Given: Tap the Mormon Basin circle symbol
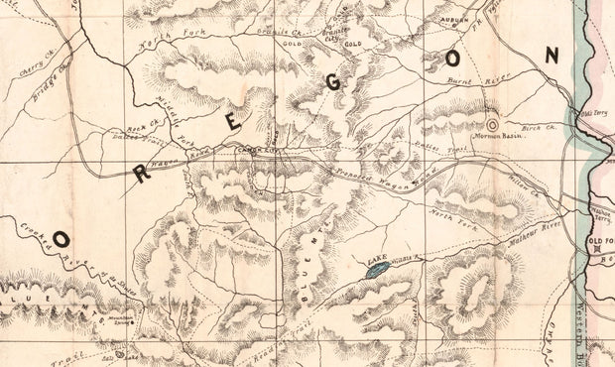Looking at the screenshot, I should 494,125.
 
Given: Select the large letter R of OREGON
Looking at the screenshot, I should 141,174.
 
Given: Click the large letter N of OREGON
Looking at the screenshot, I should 551,57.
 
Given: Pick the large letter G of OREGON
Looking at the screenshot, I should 333,82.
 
